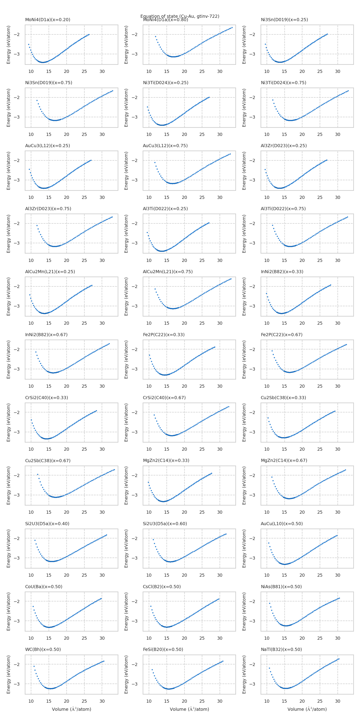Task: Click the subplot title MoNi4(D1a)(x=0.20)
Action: click(x=47, y=20)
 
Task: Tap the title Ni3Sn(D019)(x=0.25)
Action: click(x=284, y=20)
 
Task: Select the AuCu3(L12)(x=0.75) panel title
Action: click(x=165, y=146)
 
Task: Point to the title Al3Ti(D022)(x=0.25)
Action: click(x=165, y=209)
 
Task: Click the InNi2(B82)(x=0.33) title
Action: click(x=282, y=271)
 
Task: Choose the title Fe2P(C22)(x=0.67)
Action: click(x=281, y=335)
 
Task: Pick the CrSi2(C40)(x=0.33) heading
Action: click(x=46, y=397)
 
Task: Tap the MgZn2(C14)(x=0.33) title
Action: click(x=166, y=460)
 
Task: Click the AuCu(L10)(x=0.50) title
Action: click(x=281, y=524)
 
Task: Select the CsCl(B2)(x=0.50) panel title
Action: click(x=162, y=586)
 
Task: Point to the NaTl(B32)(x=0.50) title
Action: click(x=281, y=649)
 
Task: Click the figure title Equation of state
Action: click(x=180, y=16)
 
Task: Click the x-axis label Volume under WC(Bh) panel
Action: click(x=72, y=709)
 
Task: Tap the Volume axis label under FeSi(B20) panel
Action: click(x=189, y=709)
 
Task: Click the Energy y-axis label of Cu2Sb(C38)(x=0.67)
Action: click(x=8, y=486)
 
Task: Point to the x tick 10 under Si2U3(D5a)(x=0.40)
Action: click(x=31, y=575)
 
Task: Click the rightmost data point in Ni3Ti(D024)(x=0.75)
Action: click(x=348, y=91)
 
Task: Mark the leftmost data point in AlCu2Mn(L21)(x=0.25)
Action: click(x=30, y=295)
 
